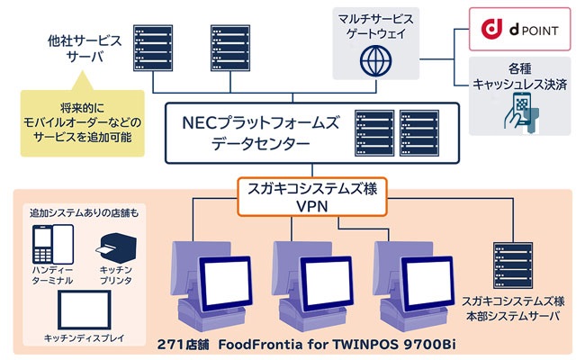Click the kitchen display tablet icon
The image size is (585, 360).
[85, 309]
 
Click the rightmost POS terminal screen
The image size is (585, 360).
[421, 280]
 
